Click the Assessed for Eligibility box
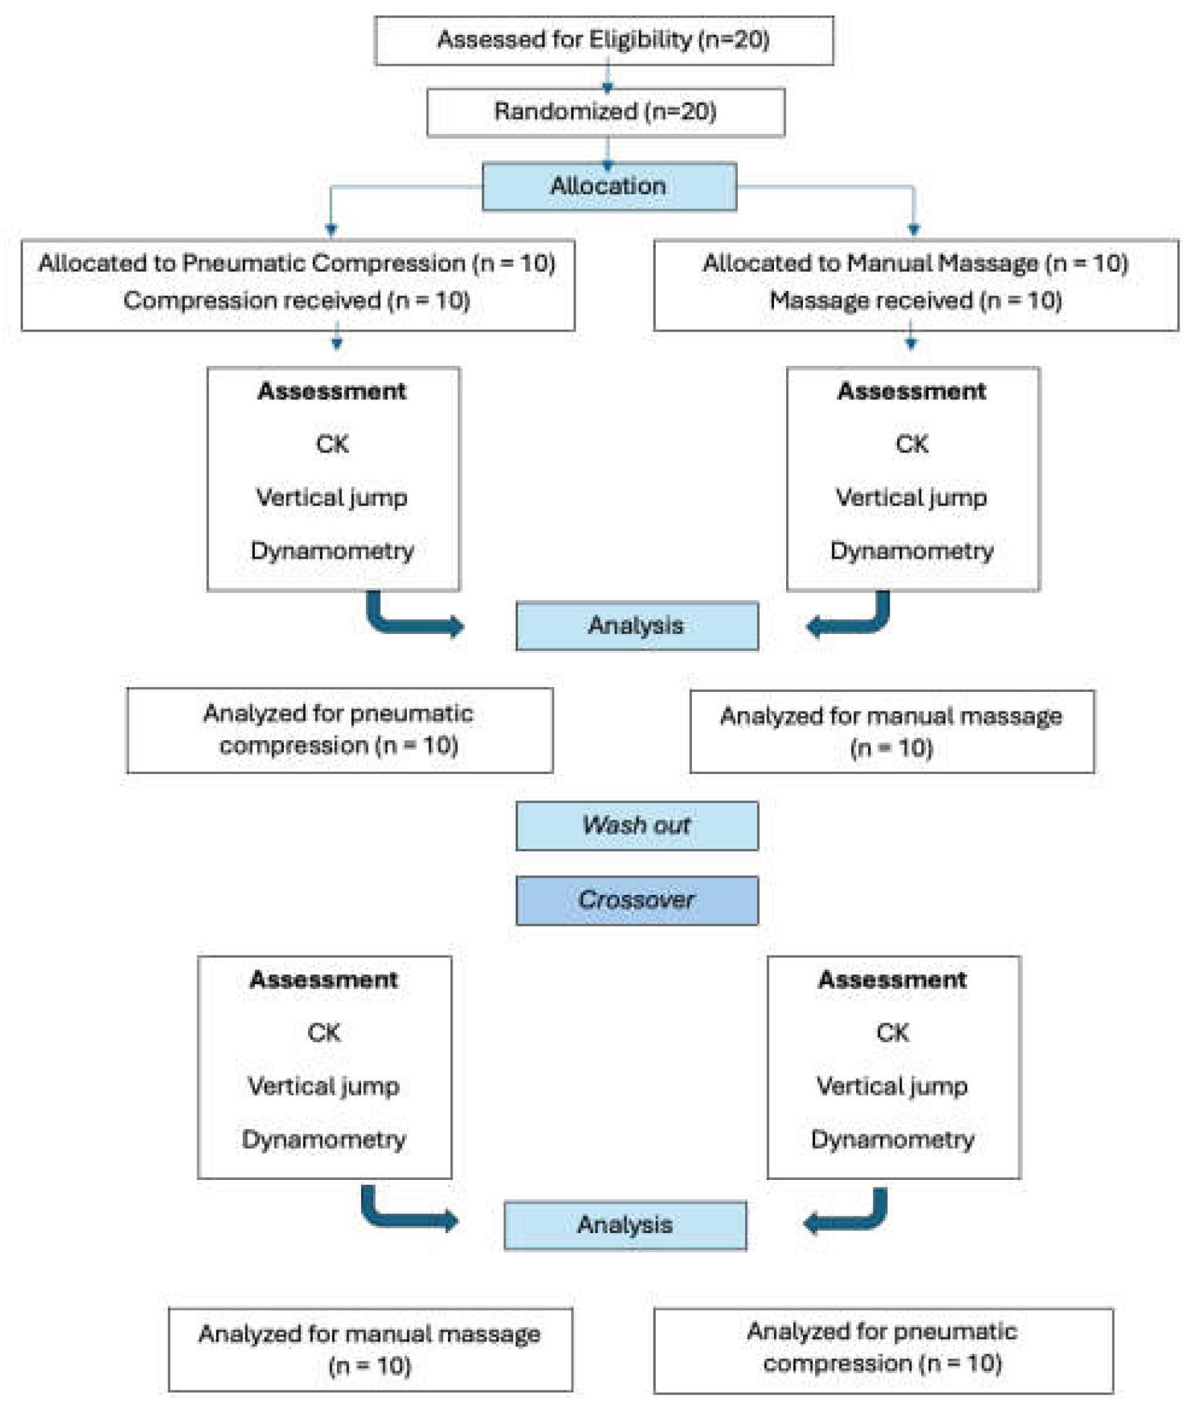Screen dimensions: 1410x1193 point(603,40)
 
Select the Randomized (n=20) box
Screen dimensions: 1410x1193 point(605,112)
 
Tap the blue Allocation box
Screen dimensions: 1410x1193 point(609,186)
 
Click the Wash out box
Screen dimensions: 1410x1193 point(636,825)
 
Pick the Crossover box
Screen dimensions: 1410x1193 point(636,900)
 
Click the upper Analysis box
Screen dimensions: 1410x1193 point(636,625)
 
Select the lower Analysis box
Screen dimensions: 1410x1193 point(625,1224)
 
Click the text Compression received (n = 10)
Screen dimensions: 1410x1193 point(296,301)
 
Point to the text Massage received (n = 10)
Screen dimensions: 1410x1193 point(915,301)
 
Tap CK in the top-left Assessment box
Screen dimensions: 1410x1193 point(332,444)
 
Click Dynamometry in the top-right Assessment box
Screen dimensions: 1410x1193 point(912,551)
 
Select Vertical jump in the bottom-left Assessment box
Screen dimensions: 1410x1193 point(324,1086)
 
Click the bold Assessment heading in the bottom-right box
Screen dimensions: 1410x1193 point(892,980)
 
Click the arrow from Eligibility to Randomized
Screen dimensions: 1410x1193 point(607,76)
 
